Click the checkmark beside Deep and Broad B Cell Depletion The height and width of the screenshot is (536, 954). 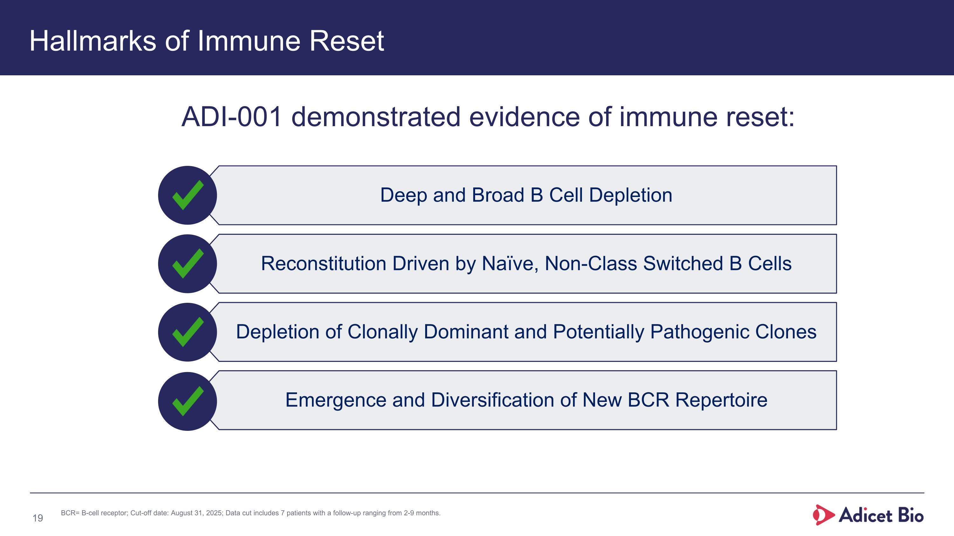coord(187,195)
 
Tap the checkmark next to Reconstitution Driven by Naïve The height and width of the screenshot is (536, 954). coord(187,264)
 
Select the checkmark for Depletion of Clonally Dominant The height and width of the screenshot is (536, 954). coord(187,332)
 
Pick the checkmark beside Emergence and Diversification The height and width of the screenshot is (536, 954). coord(187,401)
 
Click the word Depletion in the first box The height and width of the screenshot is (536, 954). coord(630,195)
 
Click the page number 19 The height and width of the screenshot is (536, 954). coord(38,518)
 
